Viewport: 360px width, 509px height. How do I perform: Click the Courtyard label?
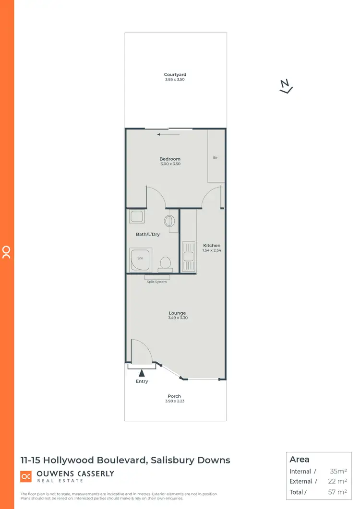coord(175,74)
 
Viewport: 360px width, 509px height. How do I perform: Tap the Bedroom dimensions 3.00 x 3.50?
coord(170,164)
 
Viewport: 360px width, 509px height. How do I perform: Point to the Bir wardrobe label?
coord(216,157)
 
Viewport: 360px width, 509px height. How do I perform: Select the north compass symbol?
coord(286,86)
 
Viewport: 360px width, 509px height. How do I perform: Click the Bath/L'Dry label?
coord(148,234)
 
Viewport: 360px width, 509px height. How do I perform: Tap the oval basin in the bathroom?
coord(169,221)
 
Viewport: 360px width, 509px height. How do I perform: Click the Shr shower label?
coord(141,258)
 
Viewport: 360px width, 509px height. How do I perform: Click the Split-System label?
coord(157,282)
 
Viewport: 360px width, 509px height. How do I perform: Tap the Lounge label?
coord(177,313)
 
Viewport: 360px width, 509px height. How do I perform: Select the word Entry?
coord(142,381)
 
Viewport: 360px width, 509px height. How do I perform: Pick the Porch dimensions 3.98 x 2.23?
coord(174,401)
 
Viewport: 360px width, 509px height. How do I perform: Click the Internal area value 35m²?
coord(338,472)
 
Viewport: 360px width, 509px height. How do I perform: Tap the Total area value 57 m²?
coord(338,492)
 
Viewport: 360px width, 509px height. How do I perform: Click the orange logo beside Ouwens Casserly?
coord(26,476)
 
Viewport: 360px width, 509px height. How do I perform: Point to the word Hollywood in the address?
coord(72,460)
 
